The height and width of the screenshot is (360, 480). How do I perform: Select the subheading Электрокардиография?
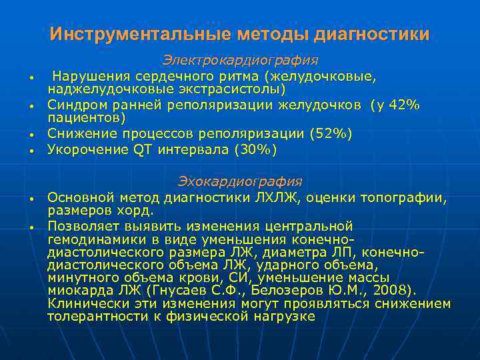pyautogui.click(x=240, y=61)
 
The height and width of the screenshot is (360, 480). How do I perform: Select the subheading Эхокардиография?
pyautogui.click(x=240, y=181)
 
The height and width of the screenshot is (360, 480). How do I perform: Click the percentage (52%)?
pyautogui.click(x=331, y=134)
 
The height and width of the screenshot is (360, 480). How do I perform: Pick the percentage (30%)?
pyautogui.click(x=255, y=150)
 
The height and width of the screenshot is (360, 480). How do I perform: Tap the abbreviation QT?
pyautogui.click(x=143, y=150)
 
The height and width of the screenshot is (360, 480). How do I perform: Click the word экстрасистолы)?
pyautogui.click(x=233, y=89)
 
